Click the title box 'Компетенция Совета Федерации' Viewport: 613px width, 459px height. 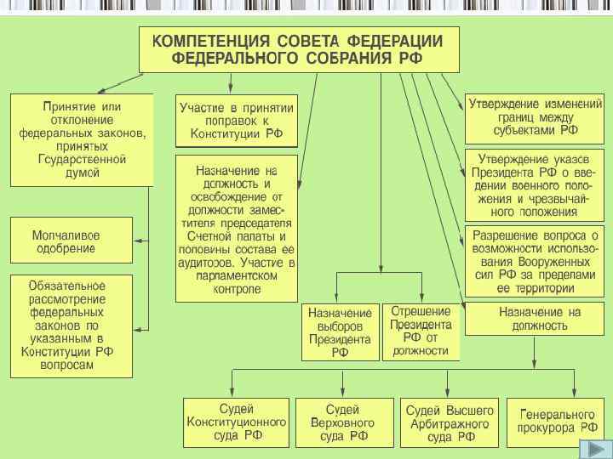pyautogui.click(x=299, y=49)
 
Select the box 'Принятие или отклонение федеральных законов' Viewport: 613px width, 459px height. pyautogui.click(x=82, y=139)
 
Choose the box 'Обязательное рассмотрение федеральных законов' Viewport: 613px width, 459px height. pyautogui.click(x=72, y=326)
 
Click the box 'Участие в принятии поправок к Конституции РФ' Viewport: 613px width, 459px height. pyautogui.click(x=237, y=121)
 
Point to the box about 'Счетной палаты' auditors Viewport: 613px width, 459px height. pyautogui.click(x=237, y=228)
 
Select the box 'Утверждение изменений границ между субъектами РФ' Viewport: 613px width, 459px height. pyautogui.click(x=535, y=118)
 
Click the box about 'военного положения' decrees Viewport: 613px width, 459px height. pyautogui.click(x=535, y=185)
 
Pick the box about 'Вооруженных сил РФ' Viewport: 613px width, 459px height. pyautogui.click(x=535, y=261)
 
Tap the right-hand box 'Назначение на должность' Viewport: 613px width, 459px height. pyautogui.click(x=535, y=319)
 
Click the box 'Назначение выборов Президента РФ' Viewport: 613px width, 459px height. pyautogui.click(x=340, y=332)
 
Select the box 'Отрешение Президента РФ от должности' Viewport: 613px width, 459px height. pyautogui.click(x=421, y=331)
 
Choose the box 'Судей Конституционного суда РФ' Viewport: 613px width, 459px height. pyautogui.click(x=237, y=422)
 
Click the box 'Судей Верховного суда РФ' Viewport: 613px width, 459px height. pyautogui.click(x=344, y=422)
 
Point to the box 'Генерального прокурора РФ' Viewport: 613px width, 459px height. pyautogui.click(x=558, y=422)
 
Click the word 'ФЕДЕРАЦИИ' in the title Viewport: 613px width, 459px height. pyautogui.click(x=393, y=40)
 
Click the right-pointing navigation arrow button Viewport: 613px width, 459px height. pyautogui.click(x=591, y=449)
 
